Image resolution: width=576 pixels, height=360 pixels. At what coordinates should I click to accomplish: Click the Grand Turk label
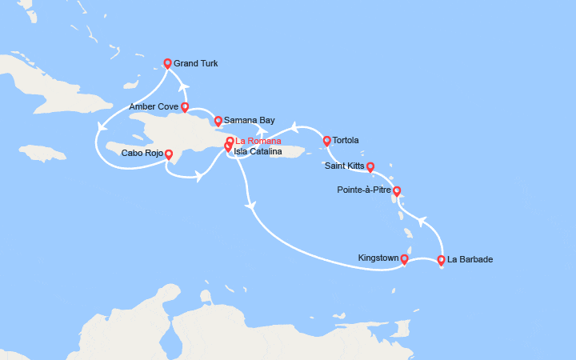(195, 64)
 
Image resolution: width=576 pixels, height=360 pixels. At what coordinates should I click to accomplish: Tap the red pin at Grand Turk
(167, 63)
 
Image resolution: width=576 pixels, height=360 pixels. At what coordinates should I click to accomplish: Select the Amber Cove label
(153, 106)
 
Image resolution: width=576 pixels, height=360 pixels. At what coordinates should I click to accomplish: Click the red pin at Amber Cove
(185, 106)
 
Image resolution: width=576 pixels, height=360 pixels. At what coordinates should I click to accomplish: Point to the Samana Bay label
(243, 121)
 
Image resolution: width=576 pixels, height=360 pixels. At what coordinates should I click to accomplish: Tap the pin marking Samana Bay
(217, 121)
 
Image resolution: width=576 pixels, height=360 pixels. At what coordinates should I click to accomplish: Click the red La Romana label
(258, 142)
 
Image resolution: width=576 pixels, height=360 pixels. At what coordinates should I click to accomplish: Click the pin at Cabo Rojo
(168, 153)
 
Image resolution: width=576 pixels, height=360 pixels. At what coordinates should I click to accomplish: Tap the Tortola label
(346, 141)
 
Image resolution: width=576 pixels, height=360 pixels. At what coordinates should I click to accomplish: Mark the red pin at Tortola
(326, 141)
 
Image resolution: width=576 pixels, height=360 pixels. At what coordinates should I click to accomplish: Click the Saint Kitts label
(345, 166)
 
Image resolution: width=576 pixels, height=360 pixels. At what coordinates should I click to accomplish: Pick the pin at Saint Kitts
(370, 166)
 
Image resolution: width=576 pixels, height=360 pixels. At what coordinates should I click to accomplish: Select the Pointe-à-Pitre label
(365, 190)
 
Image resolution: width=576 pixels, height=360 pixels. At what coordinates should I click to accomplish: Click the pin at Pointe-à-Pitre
(397, 190)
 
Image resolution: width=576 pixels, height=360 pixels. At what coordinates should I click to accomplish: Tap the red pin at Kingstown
(404, 258)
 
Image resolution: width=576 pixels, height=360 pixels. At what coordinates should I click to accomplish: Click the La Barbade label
(470, 259)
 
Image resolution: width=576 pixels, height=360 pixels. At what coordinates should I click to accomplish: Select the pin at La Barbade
(441, 259)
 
